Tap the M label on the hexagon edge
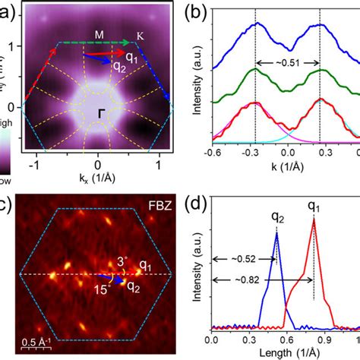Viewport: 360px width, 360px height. pos(99,34)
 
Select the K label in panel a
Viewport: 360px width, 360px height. pos(141,35)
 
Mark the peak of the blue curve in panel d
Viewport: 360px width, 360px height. pos(276,233)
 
